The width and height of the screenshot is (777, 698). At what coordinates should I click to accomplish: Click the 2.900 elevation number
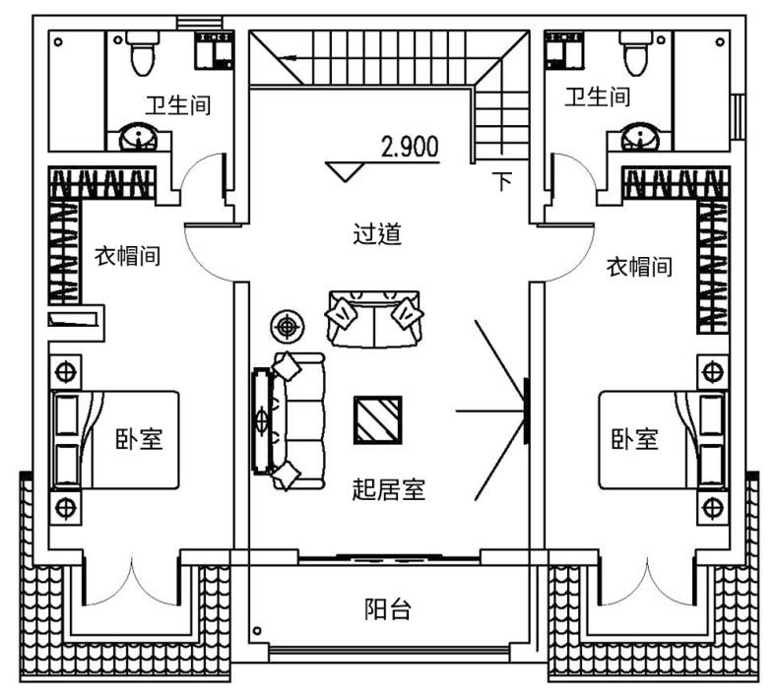tap(409, 148)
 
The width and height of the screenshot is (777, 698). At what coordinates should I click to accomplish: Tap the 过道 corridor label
tap(378, 234)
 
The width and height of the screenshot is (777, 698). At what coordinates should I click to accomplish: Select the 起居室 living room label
tap(388, 488)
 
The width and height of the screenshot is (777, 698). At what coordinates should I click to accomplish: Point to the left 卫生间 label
tap(178, 104)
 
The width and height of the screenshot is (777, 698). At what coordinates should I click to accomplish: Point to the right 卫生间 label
tap(598, 96)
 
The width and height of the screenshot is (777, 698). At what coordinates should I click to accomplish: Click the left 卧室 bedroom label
tap(139, 439)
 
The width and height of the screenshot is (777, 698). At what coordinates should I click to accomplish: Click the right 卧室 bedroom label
tap(633, 439)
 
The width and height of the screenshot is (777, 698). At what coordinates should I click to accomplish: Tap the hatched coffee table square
tap(377, 420)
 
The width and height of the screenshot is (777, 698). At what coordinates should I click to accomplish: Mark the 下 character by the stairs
tap(503, 182)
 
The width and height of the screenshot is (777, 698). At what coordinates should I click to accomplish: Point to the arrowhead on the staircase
tap(288, 58)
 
